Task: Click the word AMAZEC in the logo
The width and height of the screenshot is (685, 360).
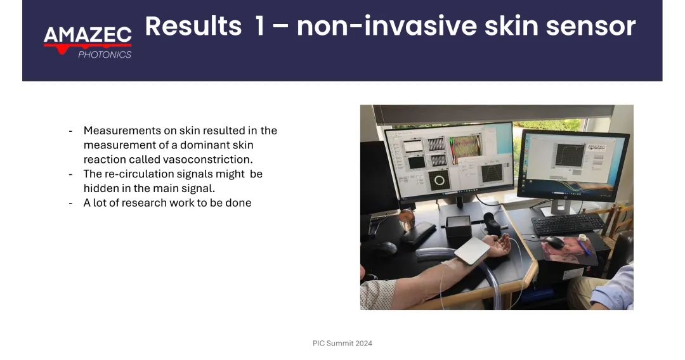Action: tap(88, 35)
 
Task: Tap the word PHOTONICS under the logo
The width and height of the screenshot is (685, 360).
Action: tap(105, 55)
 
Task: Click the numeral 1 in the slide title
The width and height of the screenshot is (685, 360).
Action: tap(259, 26)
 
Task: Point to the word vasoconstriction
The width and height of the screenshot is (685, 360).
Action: tap(207, 159)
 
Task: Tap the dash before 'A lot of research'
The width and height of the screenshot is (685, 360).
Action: tap(71, 203)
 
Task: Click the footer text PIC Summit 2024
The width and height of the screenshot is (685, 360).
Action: tap(342, 344)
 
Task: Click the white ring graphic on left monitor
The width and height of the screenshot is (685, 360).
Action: tap(440, 180)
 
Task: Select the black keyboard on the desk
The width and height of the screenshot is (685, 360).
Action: tap(568, 224)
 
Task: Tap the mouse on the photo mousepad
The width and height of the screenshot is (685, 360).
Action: tap(554, 242)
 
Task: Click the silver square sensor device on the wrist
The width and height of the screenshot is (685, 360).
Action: tap(473, 252)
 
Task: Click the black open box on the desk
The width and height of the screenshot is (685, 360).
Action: tap(459, 226)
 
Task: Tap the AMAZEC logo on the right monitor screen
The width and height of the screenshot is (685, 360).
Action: tap(597, 147)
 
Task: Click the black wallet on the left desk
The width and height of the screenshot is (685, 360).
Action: tap(419, 233)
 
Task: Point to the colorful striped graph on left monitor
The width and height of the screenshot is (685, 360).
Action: tap(466, 149)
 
